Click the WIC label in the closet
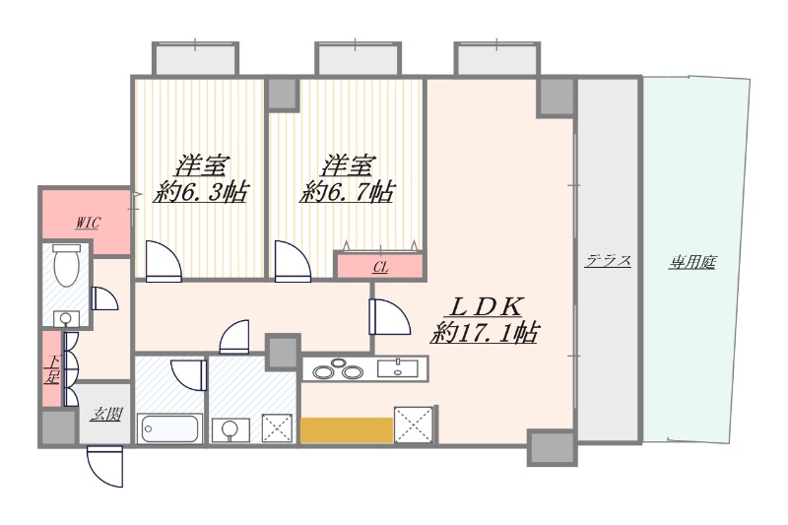pyautogui.click(x=88, y=222)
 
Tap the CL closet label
pyautogui.click(x=380, y=268)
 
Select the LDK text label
pyautogui.click(x=487, y=306)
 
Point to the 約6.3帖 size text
pyautogui.click(x=201, y=191)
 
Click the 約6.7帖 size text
pyautogui.click(x=348, y=191)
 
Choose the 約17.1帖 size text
pyautogui.click(x=485, y=332)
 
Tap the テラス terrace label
pyautogui.click(x=608, y=261)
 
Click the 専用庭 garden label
pyautogui.click(x=692, y=262)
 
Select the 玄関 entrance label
pyautogui.click(x=106, y=415)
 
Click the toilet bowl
pyautogui.click(x=67, y=265)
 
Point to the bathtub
pyautogui.click(x=169, y=428)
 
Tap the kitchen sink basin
pyautogui.click(x=398, y=367)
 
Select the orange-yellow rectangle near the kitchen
pyautogui.click(x=347, y=430)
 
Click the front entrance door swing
pyautogui.click(x=105, y=467)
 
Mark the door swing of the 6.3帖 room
pyautogui.click(x=164, y=261)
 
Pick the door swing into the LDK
pyautogui.click(x=389, y=316)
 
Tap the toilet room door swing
pyautogui.click(x=104, y=298)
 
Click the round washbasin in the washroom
pyautogui.click(x=230, y=428)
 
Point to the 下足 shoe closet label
pyautogui.click(x=51, y=369)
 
